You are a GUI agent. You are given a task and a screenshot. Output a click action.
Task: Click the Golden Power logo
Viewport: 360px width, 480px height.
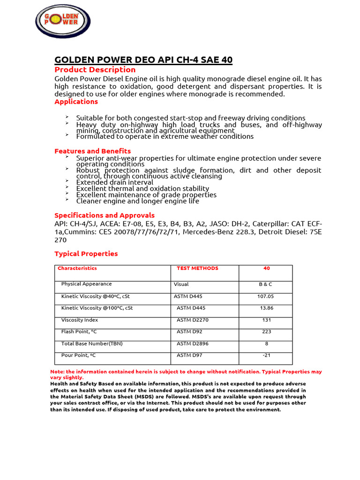pos(63,21)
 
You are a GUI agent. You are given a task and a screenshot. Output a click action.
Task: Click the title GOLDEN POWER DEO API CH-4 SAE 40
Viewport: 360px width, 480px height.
pos(143,60)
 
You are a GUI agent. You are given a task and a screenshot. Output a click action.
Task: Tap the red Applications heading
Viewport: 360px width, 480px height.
pos(76,101)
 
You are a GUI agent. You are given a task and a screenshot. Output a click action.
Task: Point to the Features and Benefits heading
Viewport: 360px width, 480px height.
pos(92,151)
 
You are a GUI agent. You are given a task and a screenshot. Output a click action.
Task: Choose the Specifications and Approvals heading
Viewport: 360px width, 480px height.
pos(105,215)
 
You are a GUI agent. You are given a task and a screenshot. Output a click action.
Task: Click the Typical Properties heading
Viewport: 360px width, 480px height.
pos(86,254)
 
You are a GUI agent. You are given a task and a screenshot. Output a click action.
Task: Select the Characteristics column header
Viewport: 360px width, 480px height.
pos(77,268)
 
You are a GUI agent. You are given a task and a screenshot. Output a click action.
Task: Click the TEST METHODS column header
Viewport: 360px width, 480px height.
pos(197,268)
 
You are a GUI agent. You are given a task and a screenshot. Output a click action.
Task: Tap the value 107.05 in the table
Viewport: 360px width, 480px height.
pos(265,296)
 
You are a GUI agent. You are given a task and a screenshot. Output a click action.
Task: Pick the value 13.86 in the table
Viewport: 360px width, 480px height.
pos(267,308)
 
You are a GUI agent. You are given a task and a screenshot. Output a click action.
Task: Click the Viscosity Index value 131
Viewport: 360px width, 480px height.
pos(266,320)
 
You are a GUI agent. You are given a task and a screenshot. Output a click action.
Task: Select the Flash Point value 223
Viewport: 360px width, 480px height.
pos(266,332)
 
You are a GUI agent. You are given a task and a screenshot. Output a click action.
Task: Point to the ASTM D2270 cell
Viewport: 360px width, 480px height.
pos(192,320)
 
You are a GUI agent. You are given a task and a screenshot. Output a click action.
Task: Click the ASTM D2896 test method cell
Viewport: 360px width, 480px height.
pos(192,344)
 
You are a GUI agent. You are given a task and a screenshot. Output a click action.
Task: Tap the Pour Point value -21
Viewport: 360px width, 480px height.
pos(266,355)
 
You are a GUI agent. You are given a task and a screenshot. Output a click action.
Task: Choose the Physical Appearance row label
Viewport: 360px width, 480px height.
pos(87,284)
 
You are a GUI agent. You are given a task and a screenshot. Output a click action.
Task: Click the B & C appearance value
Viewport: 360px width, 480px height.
pos(265,284)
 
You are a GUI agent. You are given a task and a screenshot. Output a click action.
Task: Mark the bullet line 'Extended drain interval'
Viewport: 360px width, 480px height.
pos(114,182)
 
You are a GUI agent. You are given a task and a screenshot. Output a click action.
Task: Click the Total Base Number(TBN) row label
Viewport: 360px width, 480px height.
pos(92,344)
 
